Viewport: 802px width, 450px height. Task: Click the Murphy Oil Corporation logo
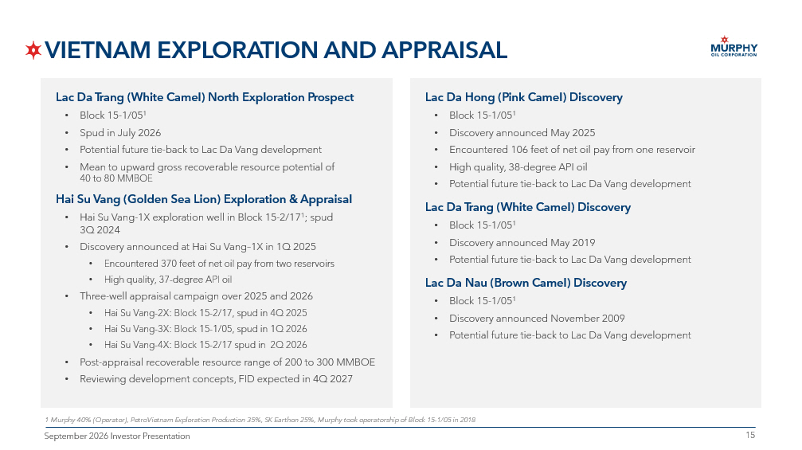click(734, 46)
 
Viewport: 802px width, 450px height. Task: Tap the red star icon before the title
click(33, 50)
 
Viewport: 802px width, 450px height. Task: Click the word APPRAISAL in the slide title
click(444, 50)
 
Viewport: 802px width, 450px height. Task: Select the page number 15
click(750, 435)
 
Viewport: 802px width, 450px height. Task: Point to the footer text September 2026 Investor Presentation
click(117, 436)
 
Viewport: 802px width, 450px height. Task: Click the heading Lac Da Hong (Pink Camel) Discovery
click(524, 97)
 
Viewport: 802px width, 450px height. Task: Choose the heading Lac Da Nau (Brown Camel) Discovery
click(526, 283)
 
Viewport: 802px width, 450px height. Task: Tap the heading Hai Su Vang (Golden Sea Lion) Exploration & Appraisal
click(204, 199)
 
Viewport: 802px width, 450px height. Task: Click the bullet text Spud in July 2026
click(120, 133)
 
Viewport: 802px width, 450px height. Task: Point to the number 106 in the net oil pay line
click(518, 150)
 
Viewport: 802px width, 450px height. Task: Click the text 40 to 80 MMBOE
click(116, 178)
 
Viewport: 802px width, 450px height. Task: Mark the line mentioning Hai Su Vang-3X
click(205, 329)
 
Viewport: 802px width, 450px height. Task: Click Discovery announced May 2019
click(522, 243)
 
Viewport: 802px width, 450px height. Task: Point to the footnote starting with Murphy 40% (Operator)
click(260, 420)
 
